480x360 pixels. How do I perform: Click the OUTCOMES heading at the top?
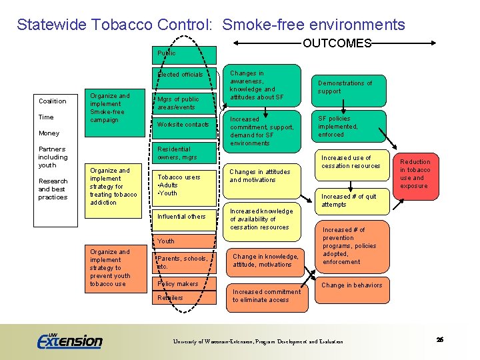[337, 43]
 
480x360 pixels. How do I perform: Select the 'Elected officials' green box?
[185, 75]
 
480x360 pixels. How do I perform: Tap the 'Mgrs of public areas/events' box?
[185, 103]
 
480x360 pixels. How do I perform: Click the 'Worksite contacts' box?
[185, 125]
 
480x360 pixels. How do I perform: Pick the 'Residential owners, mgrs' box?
[185, 153]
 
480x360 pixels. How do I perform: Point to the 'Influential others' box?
[185, 217]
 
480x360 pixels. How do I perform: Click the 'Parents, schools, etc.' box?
[185, 262]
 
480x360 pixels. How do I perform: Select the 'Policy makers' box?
[185, 284]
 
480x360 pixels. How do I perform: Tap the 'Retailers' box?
[185, 298]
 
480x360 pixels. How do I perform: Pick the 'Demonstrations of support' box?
[349, 88]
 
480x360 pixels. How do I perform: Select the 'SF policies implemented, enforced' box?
[349, 127]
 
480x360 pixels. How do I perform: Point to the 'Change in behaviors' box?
[351, 285]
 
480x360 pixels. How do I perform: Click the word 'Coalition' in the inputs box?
[53, 101]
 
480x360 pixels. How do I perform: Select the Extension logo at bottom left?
[69, 340]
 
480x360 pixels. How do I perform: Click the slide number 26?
[440, 340]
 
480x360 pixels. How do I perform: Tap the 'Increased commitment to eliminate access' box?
[267, 296]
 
